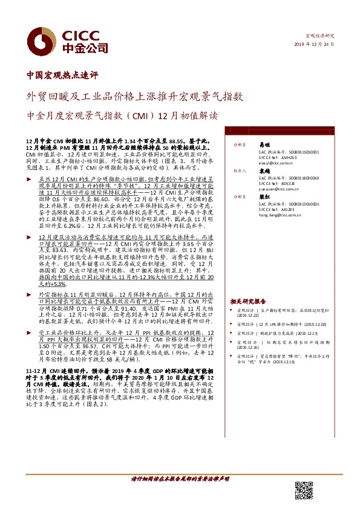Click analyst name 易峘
(264, 145)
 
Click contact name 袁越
(264, 171)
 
